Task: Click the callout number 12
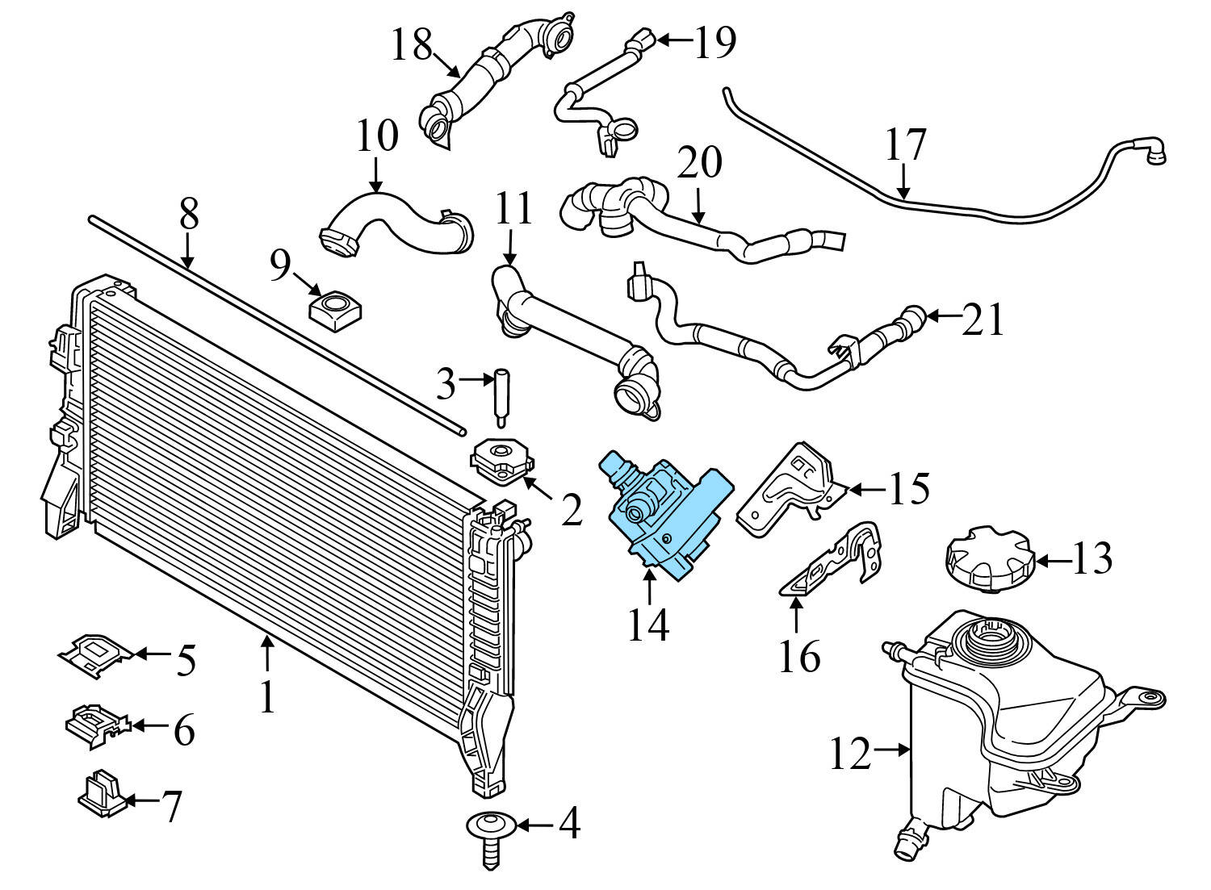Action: coord(850,754)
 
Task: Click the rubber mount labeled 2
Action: coord(501,462)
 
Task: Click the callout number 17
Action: coord(905,145)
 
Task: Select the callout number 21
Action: coord(983,320)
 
